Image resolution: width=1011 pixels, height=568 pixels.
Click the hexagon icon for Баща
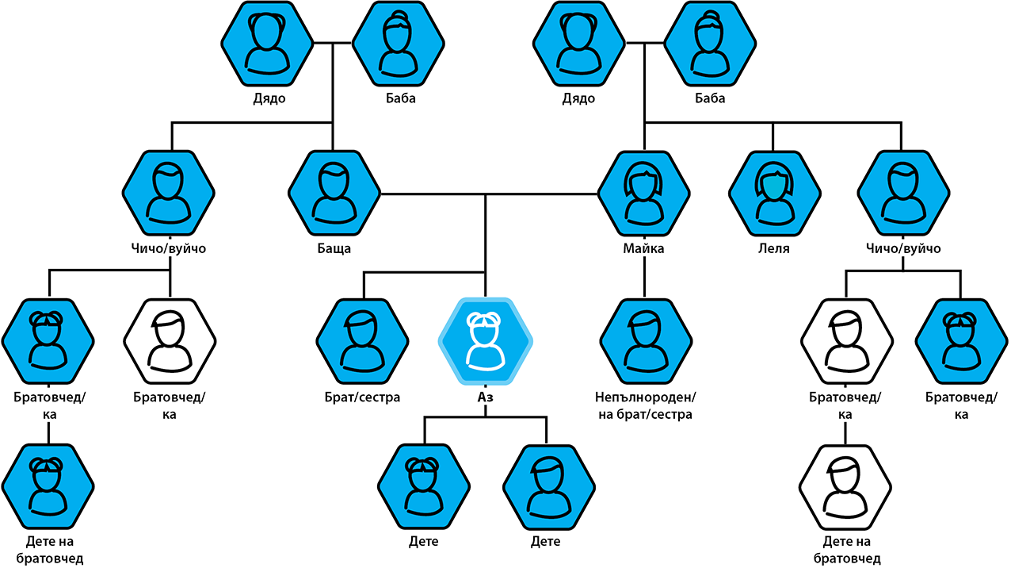coord(334,193)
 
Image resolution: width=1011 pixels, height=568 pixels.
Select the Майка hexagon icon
coord(643,193)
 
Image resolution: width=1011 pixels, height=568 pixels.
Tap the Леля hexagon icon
coord(775,193)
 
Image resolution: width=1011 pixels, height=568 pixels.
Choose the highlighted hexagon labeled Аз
coord(485,341)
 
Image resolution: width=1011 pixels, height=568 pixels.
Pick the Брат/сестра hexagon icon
coord(362,341)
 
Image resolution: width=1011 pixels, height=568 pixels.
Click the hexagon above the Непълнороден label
coord(646,341)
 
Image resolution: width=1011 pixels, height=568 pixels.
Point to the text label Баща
coord(334,248)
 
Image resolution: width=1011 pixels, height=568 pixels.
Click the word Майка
coord(643,248)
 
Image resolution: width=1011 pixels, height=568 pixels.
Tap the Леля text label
coord(774,248)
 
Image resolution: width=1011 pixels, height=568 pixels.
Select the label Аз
coord(485,397)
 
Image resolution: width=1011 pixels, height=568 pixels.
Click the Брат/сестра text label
coord(362,397)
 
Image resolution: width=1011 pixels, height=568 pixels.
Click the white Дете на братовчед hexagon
coord(845,487)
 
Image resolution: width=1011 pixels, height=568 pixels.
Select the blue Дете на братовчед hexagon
coord(48,487)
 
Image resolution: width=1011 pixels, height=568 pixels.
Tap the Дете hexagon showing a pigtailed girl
coord(424,487)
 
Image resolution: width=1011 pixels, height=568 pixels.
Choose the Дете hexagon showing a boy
coord(549,487)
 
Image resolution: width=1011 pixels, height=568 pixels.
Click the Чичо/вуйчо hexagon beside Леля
coord(903,193)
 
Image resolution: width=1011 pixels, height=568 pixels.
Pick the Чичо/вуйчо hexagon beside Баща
coord(168,193)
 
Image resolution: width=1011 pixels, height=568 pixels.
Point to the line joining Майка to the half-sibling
coord(644,277)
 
